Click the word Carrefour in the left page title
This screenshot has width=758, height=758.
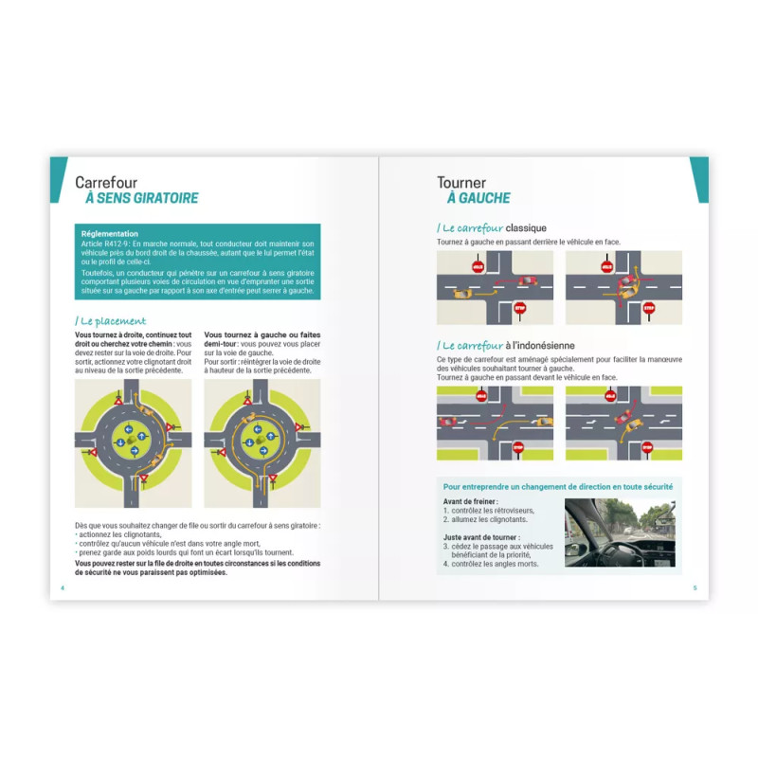[x=106, y=182]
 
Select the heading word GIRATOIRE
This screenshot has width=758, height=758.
[x=166, y=198]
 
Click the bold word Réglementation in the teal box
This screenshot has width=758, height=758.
[x=110, y=234]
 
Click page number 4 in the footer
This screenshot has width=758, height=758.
[x=63, y=587]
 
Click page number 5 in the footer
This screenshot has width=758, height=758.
[x=695, y=587]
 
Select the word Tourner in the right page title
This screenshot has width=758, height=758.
[x=461, y=182]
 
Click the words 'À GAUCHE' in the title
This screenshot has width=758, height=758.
[x=478, y=198]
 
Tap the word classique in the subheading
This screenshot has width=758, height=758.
[x=526, y=228]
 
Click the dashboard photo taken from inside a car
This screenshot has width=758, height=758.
[x=620, y=532]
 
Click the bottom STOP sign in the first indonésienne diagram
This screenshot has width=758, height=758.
[x=518, y=446]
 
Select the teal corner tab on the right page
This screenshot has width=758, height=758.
[x=699, y=178]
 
